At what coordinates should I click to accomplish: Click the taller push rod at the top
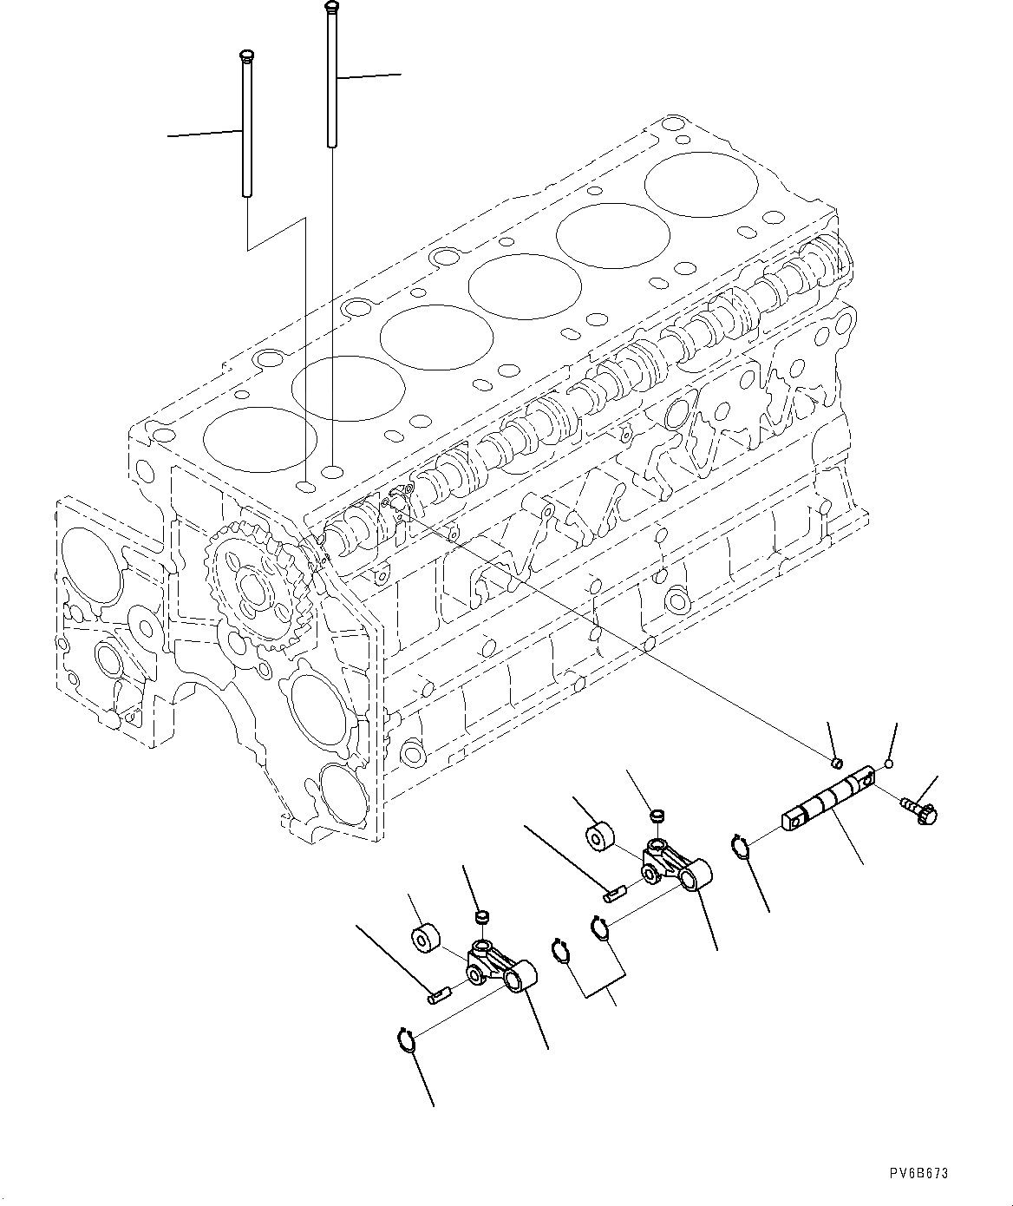(x=331, y=78)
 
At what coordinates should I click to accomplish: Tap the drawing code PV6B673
(x=918, y=1174)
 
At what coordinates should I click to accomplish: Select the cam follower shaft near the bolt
(x=828, y=797)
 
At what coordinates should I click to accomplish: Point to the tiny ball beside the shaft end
(x=887, y=764)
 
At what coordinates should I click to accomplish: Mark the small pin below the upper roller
(x=615, y=892)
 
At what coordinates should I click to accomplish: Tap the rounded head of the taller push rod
(x=330, y=7)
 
